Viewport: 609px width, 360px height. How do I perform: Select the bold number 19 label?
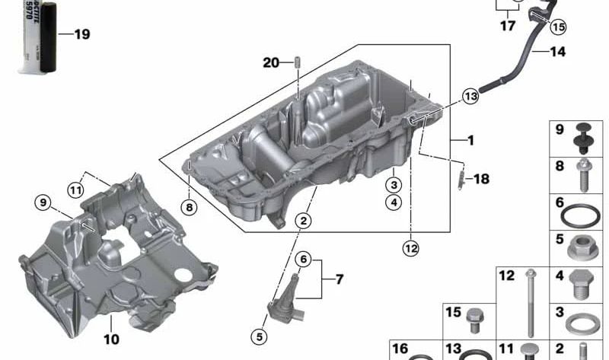[x=81, y=34]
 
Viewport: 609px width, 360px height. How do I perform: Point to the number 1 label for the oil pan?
[x=470, y=141]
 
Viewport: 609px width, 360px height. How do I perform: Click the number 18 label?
[x=481, y=179]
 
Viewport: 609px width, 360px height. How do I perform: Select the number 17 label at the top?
[x=507, y=26]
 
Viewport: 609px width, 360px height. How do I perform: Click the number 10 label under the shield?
[x=111, y=339]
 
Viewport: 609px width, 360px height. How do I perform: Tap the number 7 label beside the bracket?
[x=339, y=279]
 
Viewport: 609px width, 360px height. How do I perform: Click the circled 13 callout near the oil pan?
[x=470, y=97]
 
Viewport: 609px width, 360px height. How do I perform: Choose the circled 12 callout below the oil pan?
[x=411, y=247]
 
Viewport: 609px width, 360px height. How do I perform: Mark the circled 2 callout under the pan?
[x=304, y=221]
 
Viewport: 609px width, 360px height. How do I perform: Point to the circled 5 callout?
[x=260, y=335]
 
